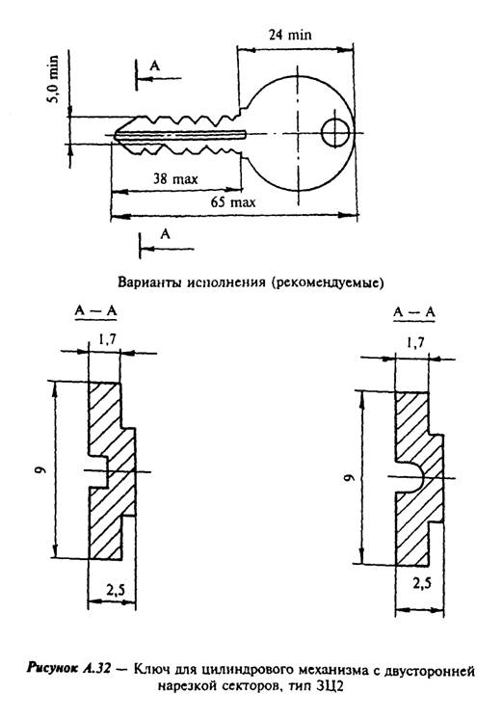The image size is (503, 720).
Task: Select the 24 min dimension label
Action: [290, 35]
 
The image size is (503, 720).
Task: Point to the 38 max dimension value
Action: [175, 179]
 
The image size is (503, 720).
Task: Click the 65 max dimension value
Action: [232, 202]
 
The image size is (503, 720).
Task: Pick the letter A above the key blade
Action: [155, 67]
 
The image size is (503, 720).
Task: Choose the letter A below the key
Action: [165, 234]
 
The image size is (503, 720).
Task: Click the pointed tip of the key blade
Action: [115, 136]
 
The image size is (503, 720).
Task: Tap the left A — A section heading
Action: [95, 311]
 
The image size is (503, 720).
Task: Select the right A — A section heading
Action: [414, 312]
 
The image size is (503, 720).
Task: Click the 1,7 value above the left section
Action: [107, 339]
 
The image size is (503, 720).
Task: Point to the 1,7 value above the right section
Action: [415, 343]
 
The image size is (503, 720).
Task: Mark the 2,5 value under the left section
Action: [115, 590]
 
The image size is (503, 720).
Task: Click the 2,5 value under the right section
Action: [422, 583]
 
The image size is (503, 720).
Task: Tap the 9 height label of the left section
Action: [41, 469]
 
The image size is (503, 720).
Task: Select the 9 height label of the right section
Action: [350, 477]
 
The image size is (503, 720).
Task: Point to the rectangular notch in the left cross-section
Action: [98, 471]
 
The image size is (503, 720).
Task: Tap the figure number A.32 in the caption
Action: [96, 669]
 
